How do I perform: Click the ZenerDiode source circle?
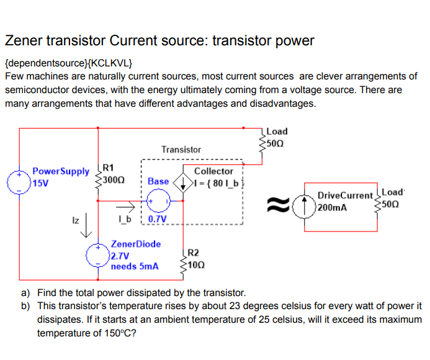pyautogui.click(x=97, y=255)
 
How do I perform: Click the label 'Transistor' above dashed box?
pyautogui.click(x=181, y=150)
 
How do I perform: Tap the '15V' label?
pyautogui.click(x=40, y=184)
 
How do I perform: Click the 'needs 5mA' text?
pyautogui.click(x=135, y=266)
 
